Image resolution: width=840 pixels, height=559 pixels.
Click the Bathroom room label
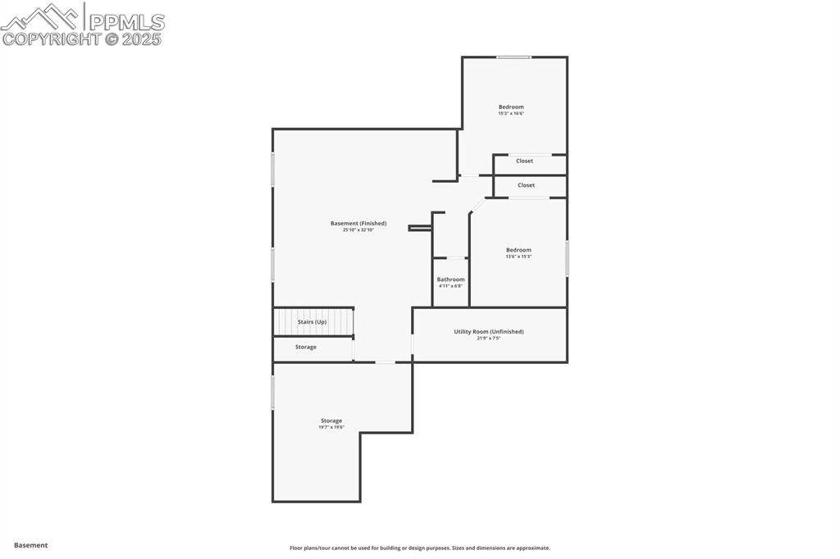(450, 279)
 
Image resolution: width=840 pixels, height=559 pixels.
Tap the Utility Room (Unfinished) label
(489, 331)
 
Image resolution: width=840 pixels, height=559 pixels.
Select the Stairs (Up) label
(312, 322)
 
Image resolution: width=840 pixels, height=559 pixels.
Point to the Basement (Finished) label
(358, 223)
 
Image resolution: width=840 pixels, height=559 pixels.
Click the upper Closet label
(524, 161)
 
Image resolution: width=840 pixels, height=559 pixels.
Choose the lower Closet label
(526, 185)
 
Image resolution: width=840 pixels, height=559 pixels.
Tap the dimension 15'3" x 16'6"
(511, 114)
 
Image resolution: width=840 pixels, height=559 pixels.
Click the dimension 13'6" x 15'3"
(518, 257)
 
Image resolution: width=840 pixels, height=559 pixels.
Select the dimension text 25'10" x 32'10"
(358, 230)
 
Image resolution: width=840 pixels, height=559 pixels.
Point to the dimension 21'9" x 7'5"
(489, 339)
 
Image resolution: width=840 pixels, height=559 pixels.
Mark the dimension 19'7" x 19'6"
(331, 427)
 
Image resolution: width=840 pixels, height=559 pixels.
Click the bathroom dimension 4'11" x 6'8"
(450, 286)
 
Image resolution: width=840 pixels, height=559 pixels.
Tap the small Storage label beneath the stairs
(306, 347)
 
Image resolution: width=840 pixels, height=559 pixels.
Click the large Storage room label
(331, 420)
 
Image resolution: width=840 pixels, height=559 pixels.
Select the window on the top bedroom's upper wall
(514, 57)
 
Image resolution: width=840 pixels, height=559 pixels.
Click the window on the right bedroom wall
(567, 257)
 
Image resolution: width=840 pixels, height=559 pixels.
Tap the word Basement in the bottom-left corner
(31, 545)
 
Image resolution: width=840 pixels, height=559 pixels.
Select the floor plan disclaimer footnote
(419, 548)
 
